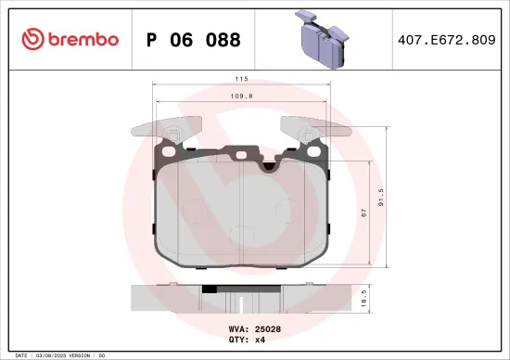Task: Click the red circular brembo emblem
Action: (32, 39)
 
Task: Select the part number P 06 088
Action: (194, 40)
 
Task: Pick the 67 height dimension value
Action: (364, 212)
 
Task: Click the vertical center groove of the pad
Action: (239, 218)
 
